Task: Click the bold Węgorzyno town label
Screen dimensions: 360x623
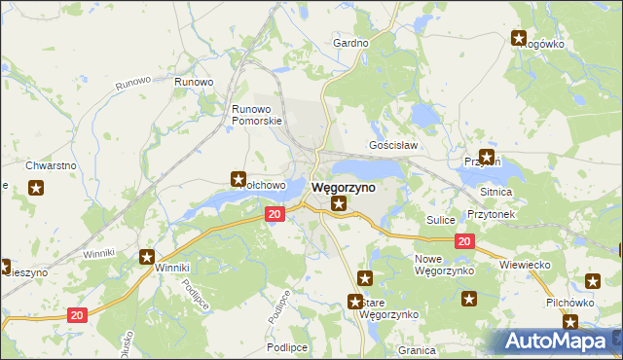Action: tap(343, 187)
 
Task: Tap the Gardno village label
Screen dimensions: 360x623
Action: tap(350, 44)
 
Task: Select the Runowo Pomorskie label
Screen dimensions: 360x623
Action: tap(257, 115)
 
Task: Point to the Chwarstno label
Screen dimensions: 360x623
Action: tap(51, 166)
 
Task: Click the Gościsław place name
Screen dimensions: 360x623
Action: tap(393, 145)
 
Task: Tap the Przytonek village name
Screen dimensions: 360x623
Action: tap(490, 213)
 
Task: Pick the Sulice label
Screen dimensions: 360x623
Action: tap(441, 221)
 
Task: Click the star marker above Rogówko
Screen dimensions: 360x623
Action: tap(519, 38)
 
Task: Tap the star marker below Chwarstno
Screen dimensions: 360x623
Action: tap(36, 188)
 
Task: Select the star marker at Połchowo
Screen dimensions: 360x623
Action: tap(238, 178)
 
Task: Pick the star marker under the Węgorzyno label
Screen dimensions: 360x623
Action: tap(338, 203)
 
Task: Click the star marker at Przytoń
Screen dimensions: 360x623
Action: tap(486, 156)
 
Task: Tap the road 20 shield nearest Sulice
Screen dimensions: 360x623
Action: tap(463, 241)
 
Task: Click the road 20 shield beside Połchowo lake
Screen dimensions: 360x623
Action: tap(274, 214)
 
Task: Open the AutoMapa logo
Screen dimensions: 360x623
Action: tap(560, 341)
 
